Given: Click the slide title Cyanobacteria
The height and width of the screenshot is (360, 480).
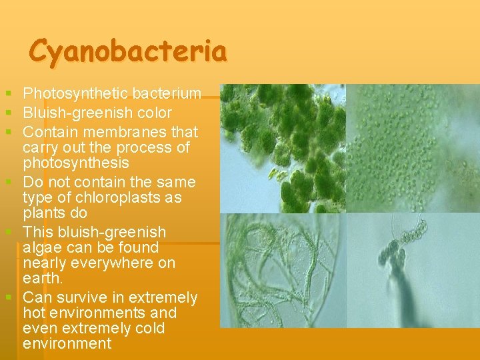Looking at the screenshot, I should pos(128,51).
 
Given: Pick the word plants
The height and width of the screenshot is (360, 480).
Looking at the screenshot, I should pos(43,213).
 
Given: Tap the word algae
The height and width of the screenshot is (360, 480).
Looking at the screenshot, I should pos(45,247).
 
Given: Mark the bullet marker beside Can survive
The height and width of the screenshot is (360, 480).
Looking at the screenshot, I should pos(7,295).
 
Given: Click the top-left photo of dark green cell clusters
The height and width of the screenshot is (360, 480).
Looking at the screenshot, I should pos(283,148).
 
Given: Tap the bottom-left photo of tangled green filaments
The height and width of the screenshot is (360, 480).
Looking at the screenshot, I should pos(283,271).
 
